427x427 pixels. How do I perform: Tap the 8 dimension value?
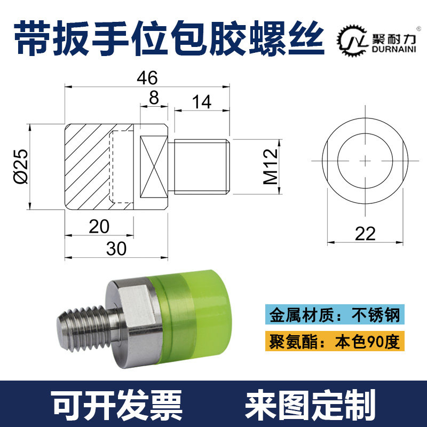(x=154, y=98)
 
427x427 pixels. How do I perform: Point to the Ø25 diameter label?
(x=20, y=167)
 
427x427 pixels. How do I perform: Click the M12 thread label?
(x=270, y=167)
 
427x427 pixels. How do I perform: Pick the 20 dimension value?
(x=99, y=226)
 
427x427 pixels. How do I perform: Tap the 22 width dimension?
(x=365, y=233)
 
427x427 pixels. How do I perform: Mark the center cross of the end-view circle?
(x=365, y=159)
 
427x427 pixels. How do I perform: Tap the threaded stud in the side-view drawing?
(x=201, y=167)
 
